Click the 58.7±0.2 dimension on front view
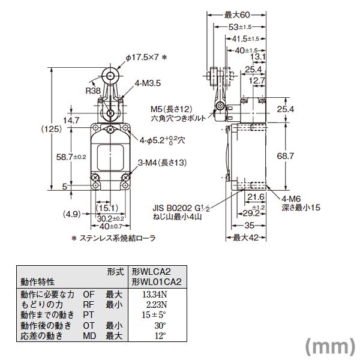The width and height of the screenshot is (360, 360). (x=53, y=157)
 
